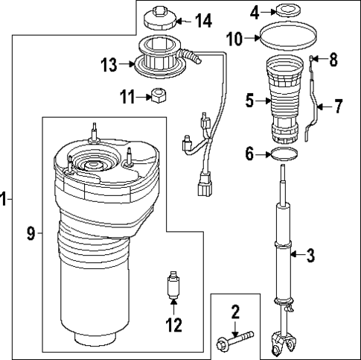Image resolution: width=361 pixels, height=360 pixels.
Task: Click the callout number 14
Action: coord(204,19)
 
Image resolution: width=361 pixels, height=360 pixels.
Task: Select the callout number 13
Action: coord(108,65)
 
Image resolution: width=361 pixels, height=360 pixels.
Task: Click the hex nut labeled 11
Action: coord(159,97)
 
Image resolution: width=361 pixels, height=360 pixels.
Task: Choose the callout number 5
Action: coord(251,97)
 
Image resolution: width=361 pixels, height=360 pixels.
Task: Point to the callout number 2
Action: coord(234,312)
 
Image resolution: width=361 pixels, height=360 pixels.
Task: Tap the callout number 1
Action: coord(4,199)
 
